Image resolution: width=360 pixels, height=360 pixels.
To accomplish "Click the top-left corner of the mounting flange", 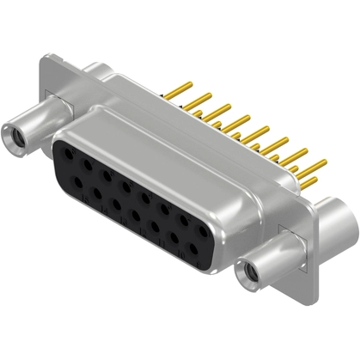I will click(x=45, y=58).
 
